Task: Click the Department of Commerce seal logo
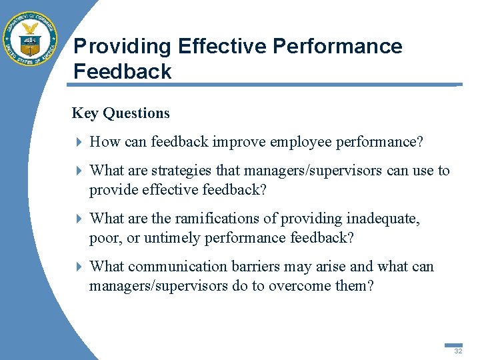(30, 39)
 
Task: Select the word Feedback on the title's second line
(122, 71)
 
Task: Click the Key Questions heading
(121, 113)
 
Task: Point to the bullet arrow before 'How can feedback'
(79, 142)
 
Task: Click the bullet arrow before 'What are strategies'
(79, 171)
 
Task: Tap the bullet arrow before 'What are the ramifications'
(79, 219)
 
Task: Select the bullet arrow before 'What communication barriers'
(79, 267)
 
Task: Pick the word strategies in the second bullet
(177, 171)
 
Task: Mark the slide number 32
(458, 351)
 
